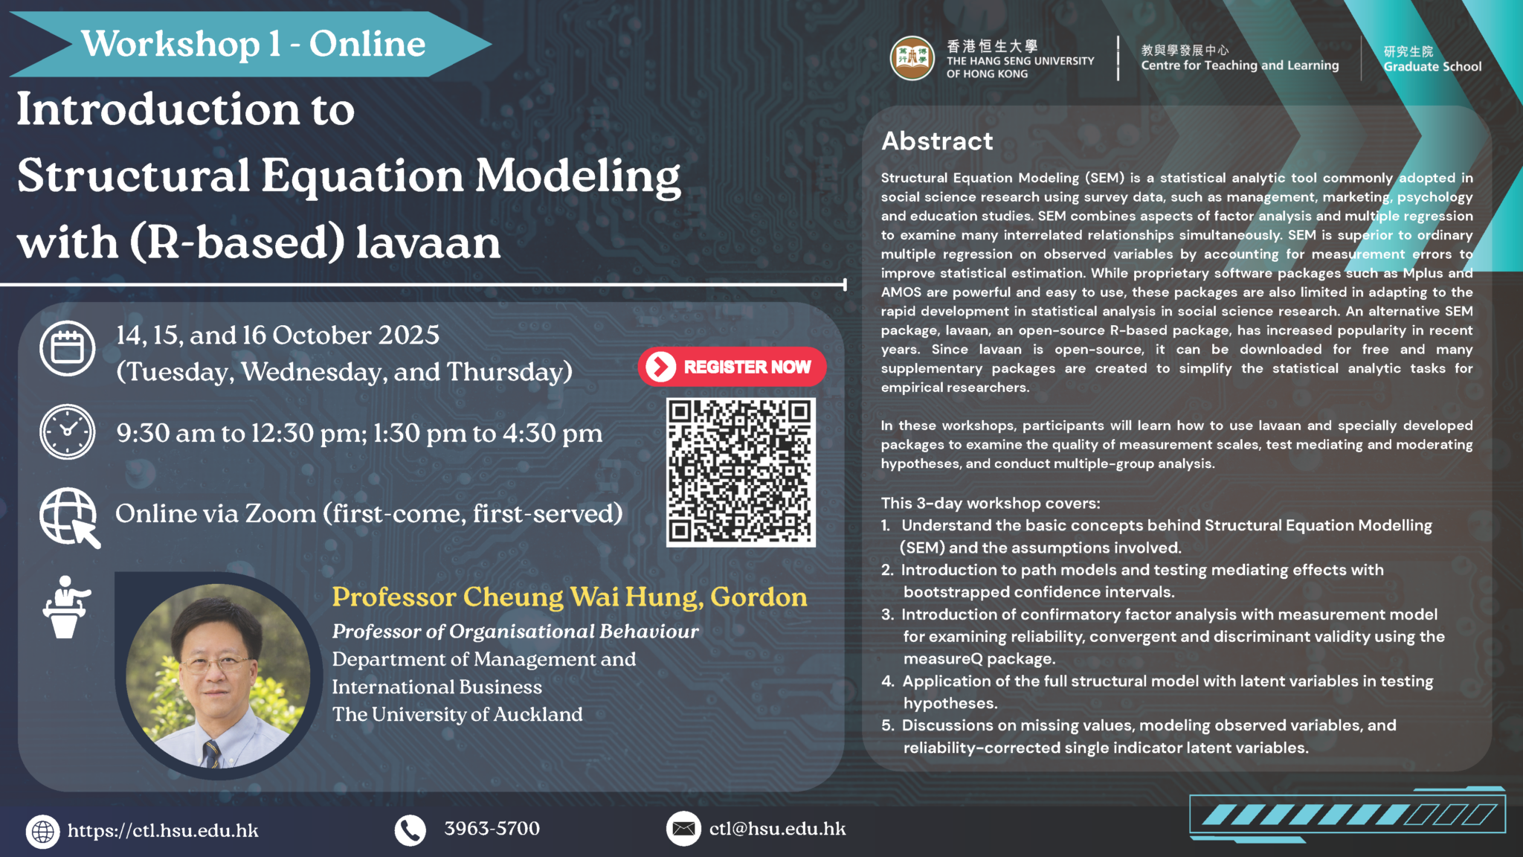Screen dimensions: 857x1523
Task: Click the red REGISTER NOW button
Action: coord(732,367)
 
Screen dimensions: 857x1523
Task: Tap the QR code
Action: coord(741,472)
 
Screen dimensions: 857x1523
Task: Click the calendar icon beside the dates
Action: coord(68,348)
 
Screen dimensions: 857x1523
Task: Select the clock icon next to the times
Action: coord(68,431)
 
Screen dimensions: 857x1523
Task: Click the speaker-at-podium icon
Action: coord(65,606)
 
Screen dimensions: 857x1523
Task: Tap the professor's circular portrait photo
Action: coord(218,675)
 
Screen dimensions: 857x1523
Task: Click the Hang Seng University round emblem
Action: coord(912,59)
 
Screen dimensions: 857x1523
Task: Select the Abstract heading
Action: coord(937,141)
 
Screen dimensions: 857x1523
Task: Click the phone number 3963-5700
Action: coord(492,829)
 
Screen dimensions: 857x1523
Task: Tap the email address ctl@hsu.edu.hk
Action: coord(777,829)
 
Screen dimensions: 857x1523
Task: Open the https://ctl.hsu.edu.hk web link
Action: coord(163,831)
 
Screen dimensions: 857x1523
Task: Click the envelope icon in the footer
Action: coord(683,829)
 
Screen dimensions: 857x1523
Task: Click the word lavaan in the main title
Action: coord(428,243)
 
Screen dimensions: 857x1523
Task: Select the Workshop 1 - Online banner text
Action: coord(253,44)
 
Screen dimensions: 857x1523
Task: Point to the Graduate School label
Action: coord(1432,66)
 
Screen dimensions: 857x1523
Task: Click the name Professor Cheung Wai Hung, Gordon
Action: coord(569,597)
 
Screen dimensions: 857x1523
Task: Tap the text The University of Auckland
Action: coord(457,714)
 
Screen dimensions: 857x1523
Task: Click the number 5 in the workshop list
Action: coord(887,725)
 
